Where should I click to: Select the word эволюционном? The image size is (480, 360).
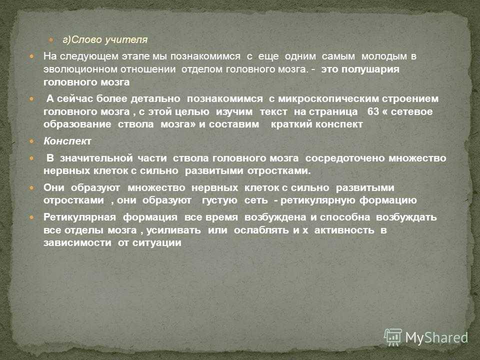click(x=79, y=69)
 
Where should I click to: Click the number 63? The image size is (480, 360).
click(x=373, y=111)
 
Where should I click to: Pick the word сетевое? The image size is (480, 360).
click(x=411, y=111)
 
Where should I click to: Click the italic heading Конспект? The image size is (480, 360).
click(x=67, y=141)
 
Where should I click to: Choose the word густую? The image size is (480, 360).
click(x=219, y=200)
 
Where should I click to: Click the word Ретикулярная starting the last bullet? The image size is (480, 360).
click(x=79, y=217)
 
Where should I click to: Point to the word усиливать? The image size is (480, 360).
click(x=173, y=230)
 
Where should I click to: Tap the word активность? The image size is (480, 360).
click(x=344, y=230)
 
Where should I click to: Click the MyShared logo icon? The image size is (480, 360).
click(x=393, y=337)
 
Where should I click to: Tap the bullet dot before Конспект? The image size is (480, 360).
click(x=32, y=141)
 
